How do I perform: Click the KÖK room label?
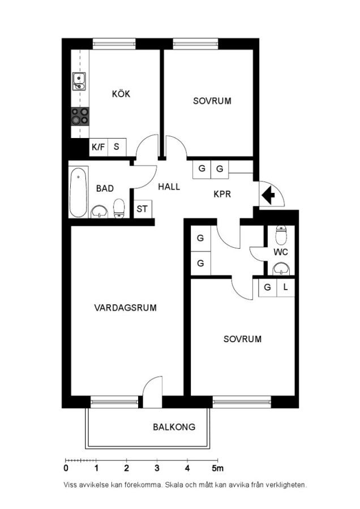coord(121,93)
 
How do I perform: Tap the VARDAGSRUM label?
coord(126,308)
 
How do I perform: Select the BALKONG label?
coord(174,426)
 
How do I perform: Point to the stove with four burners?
coord(80,116)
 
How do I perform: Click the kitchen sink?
coord(79,81)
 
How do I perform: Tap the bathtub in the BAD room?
coord(78,192)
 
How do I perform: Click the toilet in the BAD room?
coord(119,208)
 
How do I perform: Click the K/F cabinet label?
coord(98,147)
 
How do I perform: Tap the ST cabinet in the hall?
coord(142,209)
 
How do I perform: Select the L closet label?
coord(286,287)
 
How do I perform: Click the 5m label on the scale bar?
coord(218,468)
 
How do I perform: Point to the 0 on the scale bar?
coord(66,468)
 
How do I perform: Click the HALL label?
coord(169,187)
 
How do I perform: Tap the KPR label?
coord(222,194)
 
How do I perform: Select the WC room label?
coord(281,252)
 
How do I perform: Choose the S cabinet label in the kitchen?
coord(116,146)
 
